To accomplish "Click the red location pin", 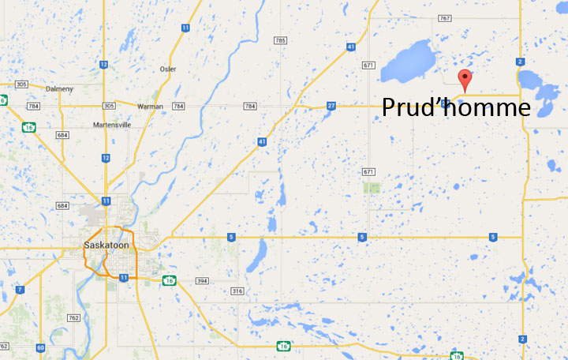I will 465,79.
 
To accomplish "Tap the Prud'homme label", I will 456,107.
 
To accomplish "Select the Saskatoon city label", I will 106,246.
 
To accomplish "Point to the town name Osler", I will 167,69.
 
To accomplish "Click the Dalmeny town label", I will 60,88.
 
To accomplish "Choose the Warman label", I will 150,106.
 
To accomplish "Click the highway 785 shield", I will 280,40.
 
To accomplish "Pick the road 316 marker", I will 237,292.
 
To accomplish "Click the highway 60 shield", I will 40,347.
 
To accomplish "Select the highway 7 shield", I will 20,290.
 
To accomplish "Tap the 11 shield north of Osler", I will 185,28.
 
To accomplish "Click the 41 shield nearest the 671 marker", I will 350,47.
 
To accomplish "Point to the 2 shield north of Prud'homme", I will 521,62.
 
